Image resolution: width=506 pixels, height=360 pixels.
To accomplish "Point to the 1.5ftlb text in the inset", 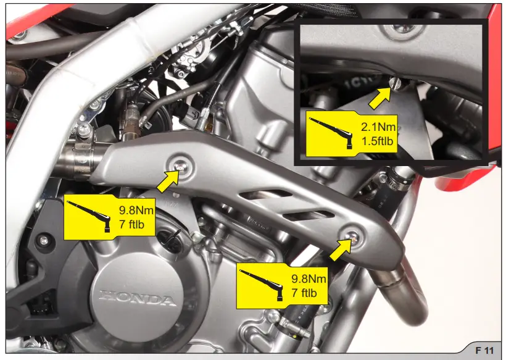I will (x=378, y=141).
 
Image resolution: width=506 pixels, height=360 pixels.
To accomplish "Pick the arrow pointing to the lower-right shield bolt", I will (x=338, y=250).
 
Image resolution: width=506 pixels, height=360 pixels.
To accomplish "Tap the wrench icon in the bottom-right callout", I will (x=262, y=283).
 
